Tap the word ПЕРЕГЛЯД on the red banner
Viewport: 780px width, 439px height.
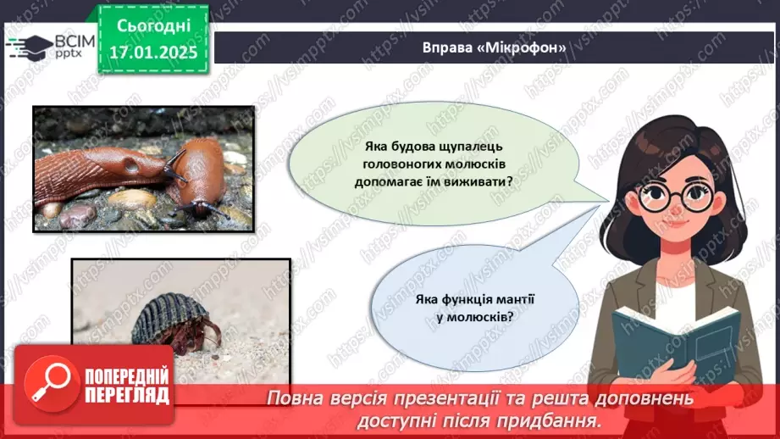(x=127, y=396)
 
